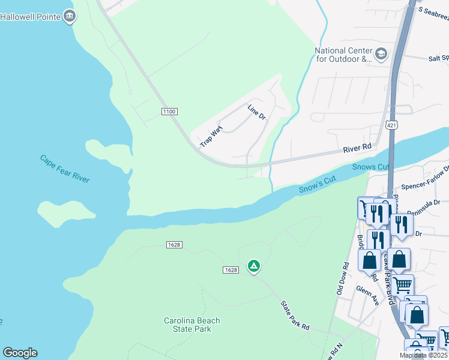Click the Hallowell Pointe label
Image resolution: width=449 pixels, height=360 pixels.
tap(30, 16)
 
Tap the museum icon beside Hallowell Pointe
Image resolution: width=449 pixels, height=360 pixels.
tap(70, 16)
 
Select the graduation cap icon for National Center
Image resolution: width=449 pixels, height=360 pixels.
tap(381, 55)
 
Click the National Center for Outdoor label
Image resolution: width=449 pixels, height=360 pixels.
tap(344, 55)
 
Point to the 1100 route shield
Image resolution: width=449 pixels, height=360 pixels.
tap(170, 111)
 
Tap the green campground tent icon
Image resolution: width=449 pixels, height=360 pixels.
tap(254, 266)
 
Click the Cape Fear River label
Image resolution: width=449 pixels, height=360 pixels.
tap(65, 169)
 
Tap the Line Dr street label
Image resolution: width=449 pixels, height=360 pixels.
tap(256, 112)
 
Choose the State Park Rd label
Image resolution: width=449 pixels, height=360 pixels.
tap(295, 314)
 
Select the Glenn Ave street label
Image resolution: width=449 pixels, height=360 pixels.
tap(367, 295)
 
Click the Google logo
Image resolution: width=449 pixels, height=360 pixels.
tap(20, 353)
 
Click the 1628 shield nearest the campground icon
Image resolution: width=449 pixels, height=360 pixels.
tap(232, 270)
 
